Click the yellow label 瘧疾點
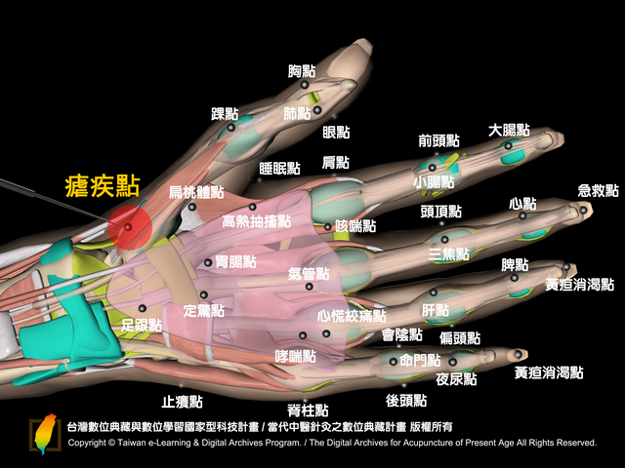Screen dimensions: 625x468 [103, 186]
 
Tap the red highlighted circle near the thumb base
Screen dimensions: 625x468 [130, 227]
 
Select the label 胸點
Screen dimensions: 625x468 [302, 71]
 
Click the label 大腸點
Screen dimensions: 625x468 [509, 130]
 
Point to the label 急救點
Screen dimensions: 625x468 [599, 191]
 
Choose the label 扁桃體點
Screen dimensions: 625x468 [196, 192]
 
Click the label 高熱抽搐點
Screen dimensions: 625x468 [257, 221]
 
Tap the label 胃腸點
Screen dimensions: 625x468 [235, 262]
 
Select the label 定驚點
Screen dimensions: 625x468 [204, 310]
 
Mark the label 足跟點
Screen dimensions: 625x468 [141, 325]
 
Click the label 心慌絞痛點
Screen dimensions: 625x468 [352, 316]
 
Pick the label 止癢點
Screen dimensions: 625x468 [183, 402]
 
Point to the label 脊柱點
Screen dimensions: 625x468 [308, 409]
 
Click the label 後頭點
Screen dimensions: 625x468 [406, 401]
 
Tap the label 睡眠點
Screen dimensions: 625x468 [279, 169]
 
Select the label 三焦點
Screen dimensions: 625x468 [449, 253]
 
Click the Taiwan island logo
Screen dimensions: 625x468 [45, 433]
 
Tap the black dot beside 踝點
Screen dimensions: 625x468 [230, 128]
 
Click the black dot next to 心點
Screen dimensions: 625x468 [522, 216]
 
